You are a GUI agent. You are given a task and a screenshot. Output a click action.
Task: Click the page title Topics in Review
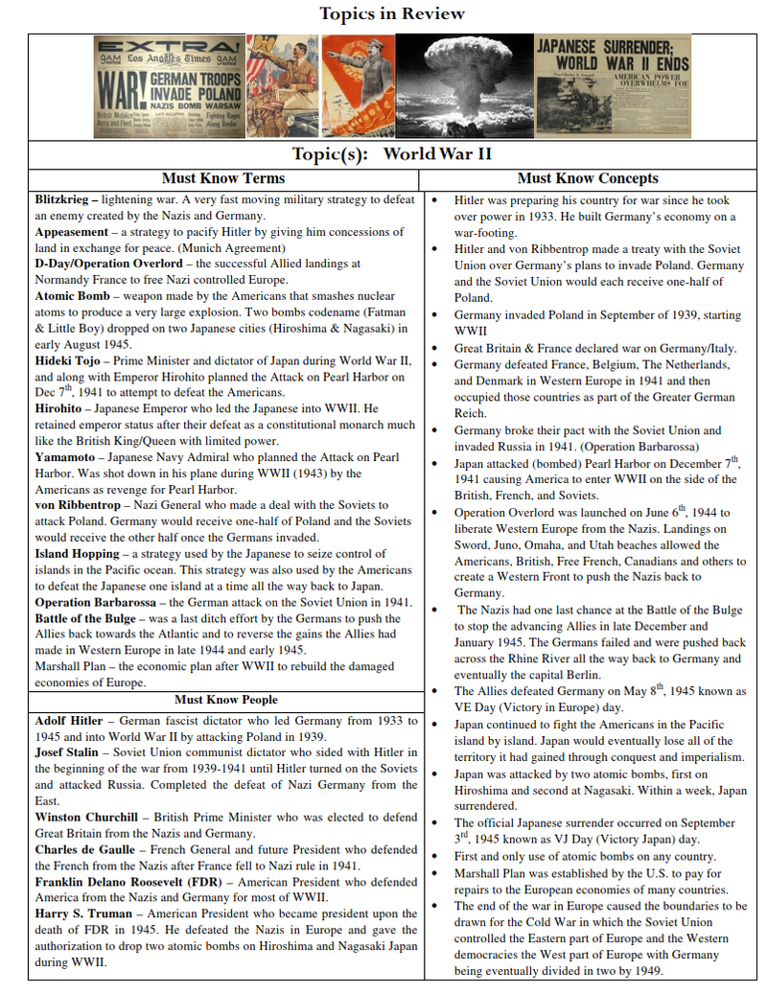pos(391,13)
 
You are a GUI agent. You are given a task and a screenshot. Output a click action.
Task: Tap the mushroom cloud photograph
pos(464,85)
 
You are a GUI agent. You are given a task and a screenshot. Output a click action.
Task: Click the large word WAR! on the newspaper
pos(121,87)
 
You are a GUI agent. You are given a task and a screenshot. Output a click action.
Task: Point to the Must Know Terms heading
pos(223,178)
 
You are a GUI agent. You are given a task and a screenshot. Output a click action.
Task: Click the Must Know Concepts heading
pos(587,178)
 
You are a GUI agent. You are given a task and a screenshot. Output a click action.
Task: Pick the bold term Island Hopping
pos(77,553)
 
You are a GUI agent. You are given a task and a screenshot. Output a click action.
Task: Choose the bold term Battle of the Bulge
pos(85,618)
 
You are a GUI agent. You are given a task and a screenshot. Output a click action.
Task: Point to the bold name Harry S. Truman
pos(82,914)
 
